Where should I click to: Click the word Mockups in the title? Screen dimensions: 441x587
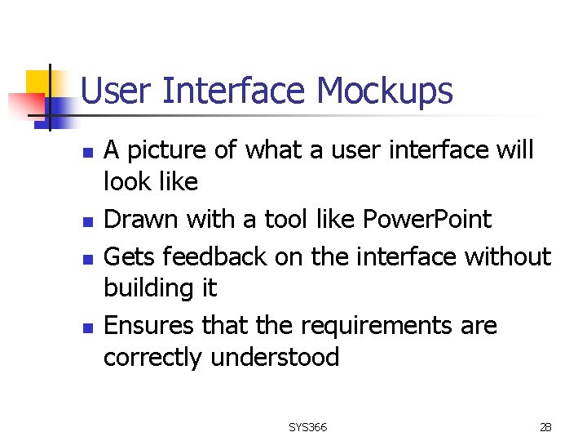[385, 91]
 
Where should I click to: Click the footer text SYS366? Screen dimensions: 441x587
[307, 427]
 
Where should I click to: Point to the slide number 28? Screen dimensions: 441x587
[545, 427]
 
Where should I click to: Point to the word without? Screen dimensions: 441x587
[507, 256]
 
